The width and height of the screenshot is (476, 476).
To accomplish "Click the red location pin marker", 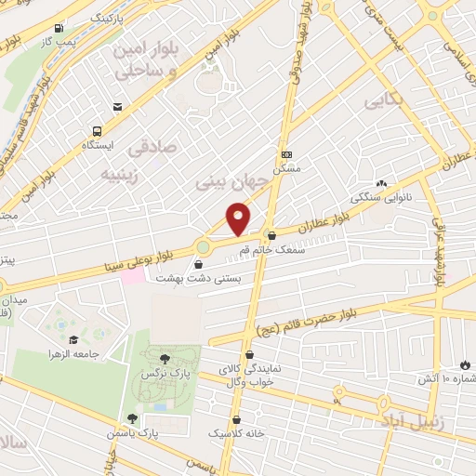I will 239,219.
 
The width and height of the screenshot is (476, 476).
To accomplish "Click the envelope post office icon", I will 116,108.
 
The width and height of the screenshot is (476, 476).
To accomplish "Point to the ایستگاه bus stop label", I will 98,145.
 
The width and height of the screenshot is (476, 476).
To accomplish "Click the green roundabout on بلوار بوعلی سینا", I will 203,246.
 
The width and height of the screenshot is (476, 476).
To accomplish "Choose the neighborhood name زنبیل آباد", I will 404,421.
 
